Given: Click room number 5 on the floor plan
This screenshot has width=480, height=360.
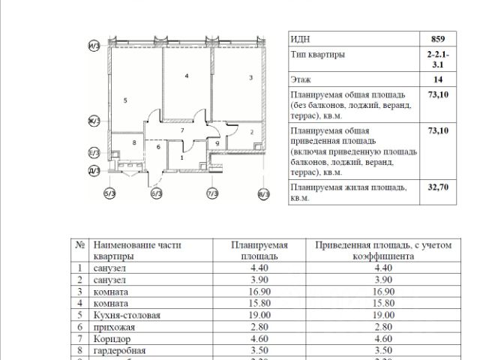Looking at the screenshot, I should tap(125, 100).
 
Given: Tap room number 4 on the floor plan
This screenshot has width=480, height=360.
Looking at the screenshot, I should tap(186, 76).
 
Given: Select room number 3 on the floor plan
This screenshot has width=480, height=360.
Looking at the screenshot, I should tap(250, 77).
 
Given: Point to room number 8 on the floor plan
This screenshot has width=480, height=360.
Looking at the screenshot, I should tap(133, 142).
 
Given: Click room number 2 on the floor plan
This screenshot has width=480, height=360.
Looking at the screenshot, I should tap(251, 133).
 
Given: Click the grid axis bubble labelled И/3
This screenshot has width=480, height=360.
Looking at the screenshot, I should tap(94, 46).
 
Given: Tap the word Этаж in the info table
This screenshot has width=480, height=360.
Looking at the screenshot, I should tap(301, 79).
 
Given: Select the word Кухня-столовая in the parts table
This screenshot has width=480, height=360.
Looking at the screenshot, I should tap(126, 316).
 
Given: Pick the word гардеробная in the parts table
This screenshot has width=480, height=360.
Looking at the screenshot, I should tap(120, 350).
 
